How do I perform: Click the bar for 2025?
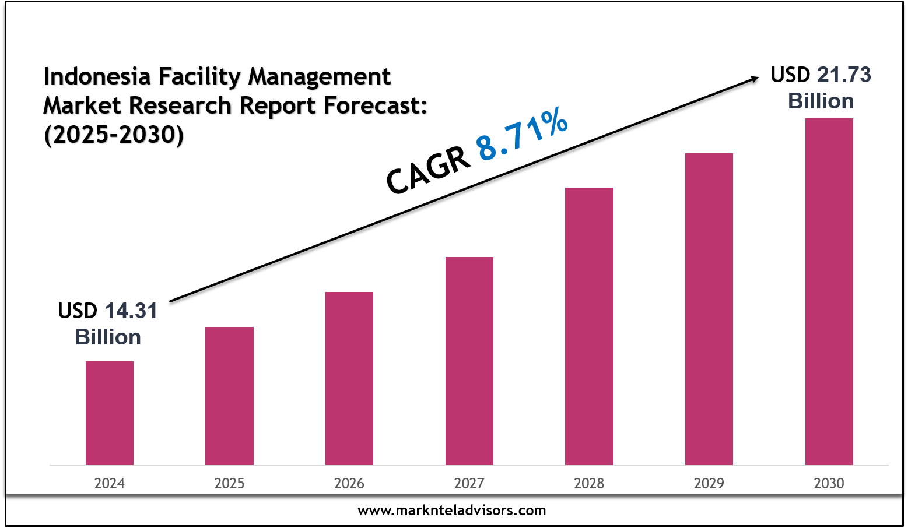tap(229, 396)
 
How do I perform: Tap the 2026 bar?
tap(349, 378)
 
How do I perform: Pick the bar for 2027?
tap(469, 361)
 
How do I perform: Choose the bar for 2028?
tap(589, 326)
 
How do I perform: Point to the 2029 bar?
tap(709, 309)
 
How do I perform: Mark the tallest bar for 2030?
tap(829, 291)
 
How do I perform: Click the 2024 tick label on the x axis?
tap(110, 483)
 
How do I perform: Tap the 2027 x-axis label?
tap(469, 483)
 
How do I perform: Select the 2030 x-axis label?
tap(829, 483)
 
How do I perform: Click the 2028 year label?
tap(589, 483)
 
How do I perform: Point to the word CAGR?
tap(429, 170)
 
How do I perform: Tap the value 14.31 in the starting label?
tap(131, 311)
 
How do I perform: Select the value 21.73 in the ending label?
tap(844, 75)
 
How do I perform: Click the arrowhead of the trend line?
tap(753, 79)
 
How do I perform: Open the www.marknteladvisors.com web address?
tap(452, 511)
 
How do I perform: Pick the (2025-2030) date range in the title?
tap(114, 135)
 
